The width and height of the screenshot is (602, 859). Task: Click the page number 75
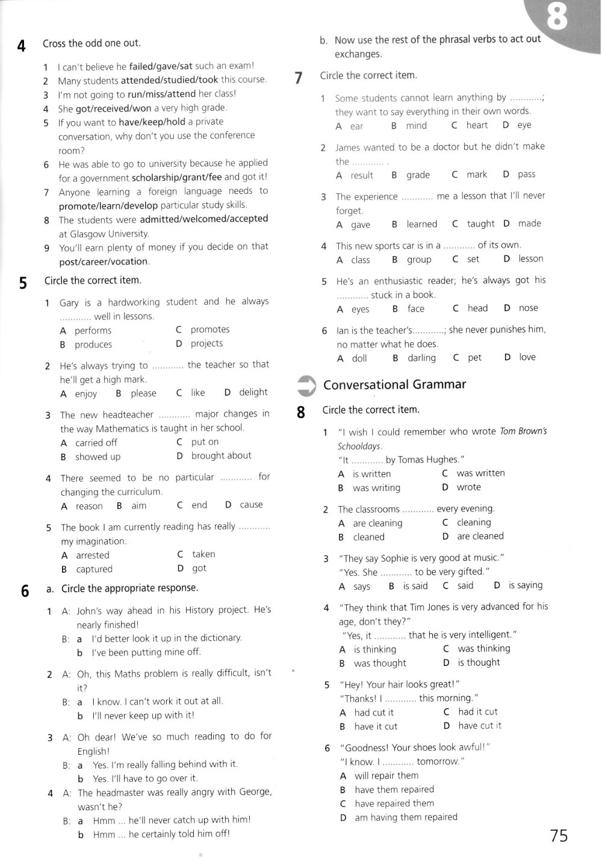coord(558,836)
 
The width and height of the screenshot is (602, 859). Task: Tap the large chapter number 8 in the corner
coord(557,19)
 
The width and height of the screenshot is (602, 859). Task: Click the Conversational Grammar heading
coord(394,384)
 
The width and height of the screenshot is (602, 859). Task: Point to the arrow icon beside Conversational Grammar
coord(306,386)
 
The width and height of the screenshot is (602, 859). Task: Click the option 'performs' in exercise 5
coord(93,330)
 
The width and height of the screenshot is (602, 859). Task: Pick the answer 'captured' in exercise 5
coord(94,569)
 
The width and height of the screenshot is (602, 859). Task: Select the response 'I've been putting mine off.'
coord(146,652)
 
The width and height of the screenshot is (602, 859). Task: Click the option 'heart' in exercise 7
coord(477,125)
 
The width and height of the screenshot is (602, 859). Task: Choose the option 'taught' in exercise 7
coord(480,223)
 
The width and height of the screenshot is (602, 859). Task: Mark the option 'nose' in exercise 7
coord(528,308)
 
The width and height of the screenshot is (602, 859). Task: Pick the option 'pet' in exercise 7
coord(474,357)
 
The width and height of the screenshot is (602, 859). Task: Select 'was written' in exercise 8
coord(480,473)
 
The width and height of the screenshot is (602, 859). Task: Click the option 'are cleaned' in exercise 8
coord(480,536)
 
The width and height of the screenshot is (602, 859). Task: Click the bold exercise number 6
coord(25,592)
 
